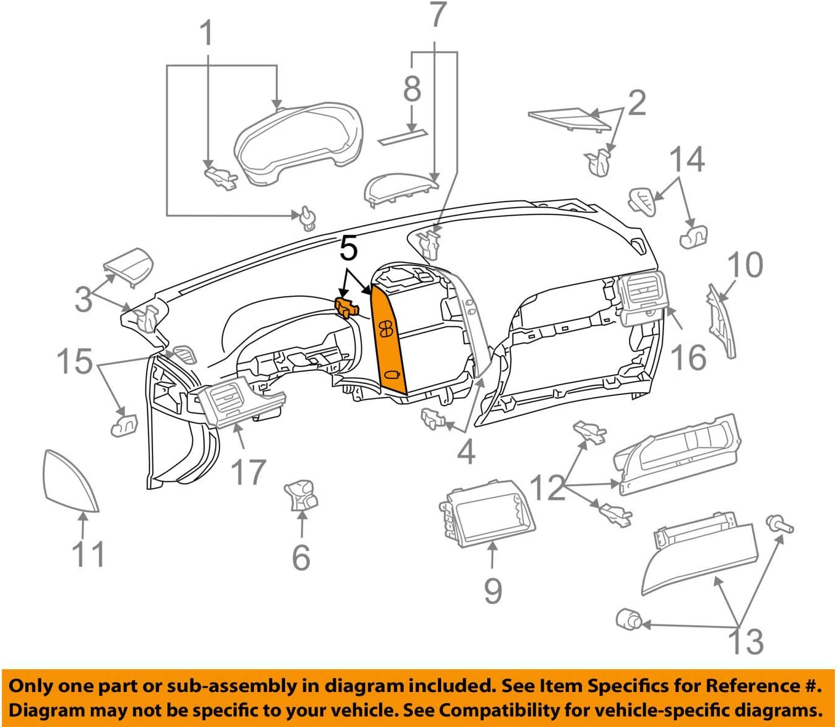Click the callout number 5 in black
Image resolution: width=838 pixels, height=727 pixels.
(348, 249)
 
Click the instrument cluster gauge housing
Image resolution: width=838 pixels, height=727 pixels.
(298, 143)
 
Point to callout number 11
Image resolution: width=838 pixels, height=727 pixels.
(88, 554)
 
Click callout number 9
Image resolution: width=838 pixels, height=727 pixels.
(493, 590)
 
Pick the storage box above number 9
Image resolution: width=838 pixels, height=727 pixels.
(487, 513)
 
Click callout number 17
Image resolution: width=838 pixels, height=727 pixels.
(248, 472)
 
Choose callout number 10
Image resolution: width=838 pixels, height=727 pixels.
(745, 264)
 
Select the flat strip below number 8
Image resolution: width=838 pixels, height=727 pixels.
(404, 137)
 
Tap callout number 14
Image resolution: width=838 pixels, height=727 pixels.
(686, 159)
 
